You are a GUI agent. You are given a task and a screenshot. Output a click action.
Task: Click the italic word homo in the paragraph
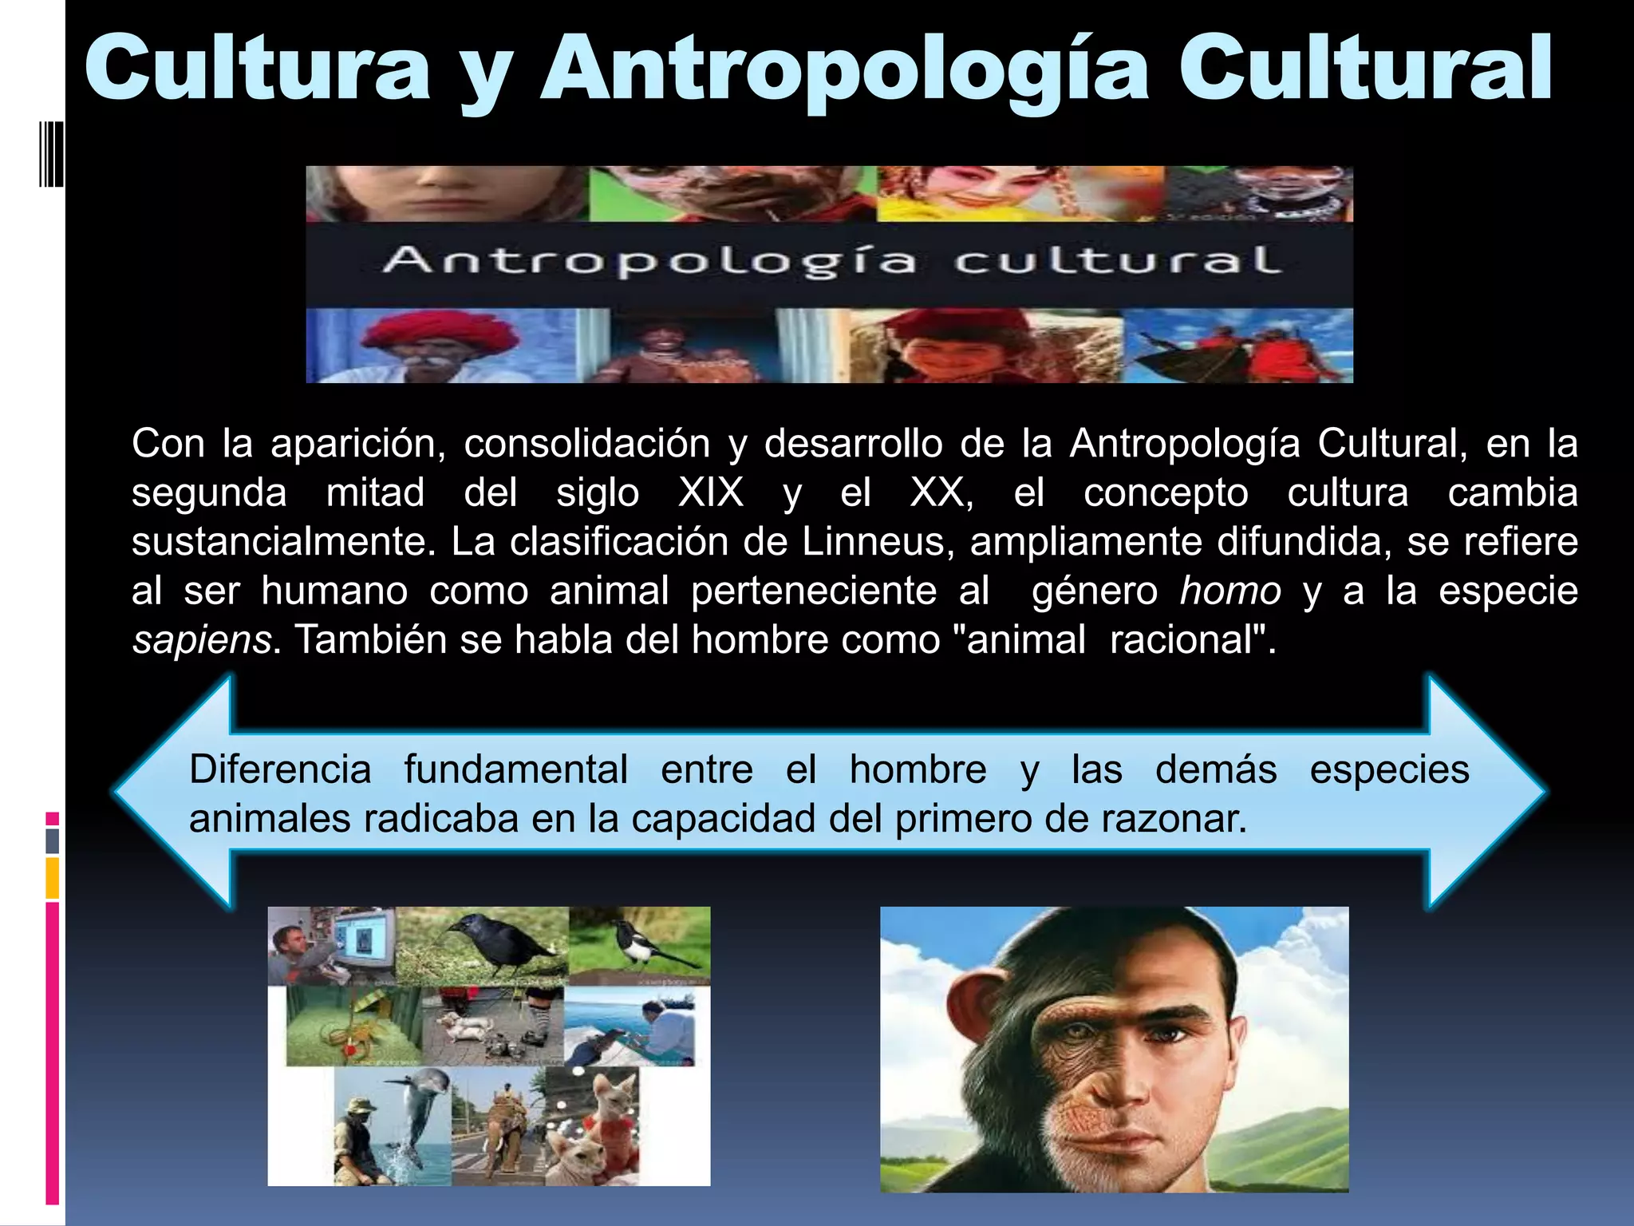coord(1230,591)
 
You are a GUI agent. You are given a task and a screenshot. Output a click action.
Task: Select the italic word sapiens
coord(202,640)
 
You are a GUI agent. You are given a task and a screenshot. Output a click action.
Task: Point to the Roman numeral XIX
coord(711,492)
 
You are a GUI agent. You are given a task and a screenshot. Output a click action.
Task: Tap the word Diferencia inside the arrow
coord(280,770)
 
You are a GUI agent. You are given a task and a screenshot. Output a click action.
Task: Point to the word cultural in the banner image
coord(1117,262)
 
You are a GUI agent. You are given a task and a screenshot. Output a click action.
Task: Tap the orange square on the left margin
coord(52,878)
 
